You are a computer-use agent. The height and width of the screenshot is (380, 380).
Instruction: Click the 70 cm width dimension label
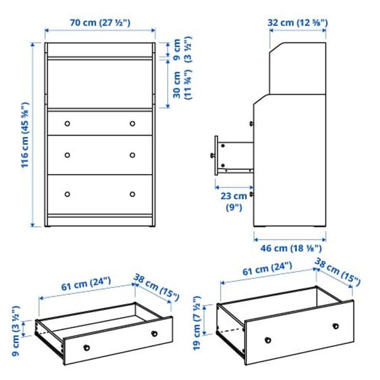100,22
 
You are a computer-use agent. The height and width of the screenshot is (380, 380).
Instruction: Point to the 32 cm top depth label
298,22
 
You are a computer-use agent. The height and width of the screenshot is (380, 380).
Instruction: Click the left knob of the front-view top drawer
68,123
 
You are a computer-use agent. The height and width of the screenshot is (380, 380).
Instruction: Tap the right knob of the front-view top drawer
132,123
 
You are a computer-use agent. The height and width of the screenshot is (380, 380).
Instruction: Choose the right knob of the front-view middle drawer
132,155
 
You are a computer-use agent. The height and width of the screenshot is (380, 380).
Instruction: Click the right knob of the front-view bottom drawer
132,194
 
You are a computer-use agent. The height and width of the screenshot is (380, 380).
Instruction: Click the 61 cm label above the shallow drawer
86,286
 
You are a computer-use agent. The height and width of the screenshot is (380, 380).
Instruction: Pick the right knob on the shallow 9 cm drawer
154,333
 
